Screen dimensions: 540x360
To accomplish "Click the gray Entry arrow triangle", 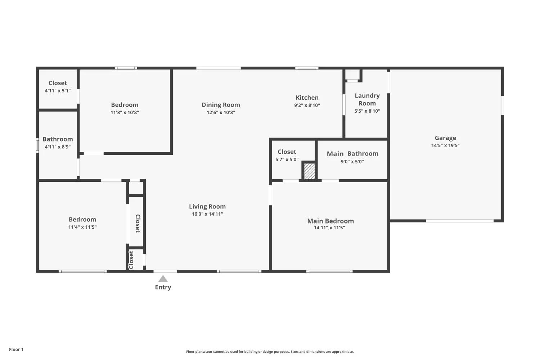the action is point(163,279).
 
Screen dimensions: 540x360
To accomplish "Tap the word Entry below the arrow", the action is point(163,287).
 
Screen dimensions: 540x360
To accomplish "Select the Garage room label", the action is point(446,138).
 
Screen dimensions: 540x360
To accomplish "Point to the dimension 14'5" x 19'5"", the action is point(446,145).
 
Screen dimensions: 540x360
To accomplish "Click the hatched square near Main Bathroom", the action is point(310,171).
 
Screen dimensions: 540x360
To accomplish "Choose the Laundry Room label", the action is point(367,99).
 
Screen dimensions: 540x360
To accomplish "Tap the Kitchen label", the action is point(307,98).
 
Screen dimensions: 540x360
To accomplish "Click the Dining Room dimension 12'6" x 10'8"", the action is point(221,112).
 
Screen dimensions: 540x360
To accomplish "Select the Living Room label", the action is point(207,207).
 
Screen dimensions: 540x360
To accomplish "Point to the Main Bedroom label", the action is point(330,221).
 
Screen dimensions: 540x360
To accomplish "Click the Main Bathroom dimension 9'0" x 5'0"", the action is point(352,162).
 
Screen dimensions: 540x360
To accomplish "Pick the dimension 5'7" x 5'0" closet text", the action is point(287,159).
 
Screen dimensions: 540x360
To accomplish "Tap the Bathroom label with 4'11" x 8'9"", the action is point(58,139).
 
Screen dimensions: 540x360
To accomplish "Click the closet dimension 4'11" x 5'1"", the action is point(58,91).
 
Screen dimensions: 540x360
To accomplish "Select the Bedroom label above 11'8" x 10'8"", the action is point(125,105).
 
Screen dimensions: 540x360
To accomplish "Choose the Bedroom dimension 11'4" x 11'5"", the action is point(82,227).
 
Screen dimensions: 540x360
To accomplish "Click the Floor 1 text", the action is point(16,350).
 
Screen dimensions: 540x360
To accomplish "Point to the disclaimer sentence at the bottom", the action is point(270,352).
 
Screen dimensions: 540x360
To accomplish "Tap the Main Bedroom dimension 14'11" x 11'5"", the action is point(329,228).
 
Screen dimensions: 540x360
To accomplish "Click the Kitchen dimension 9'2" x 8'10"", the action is point(307,105).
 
